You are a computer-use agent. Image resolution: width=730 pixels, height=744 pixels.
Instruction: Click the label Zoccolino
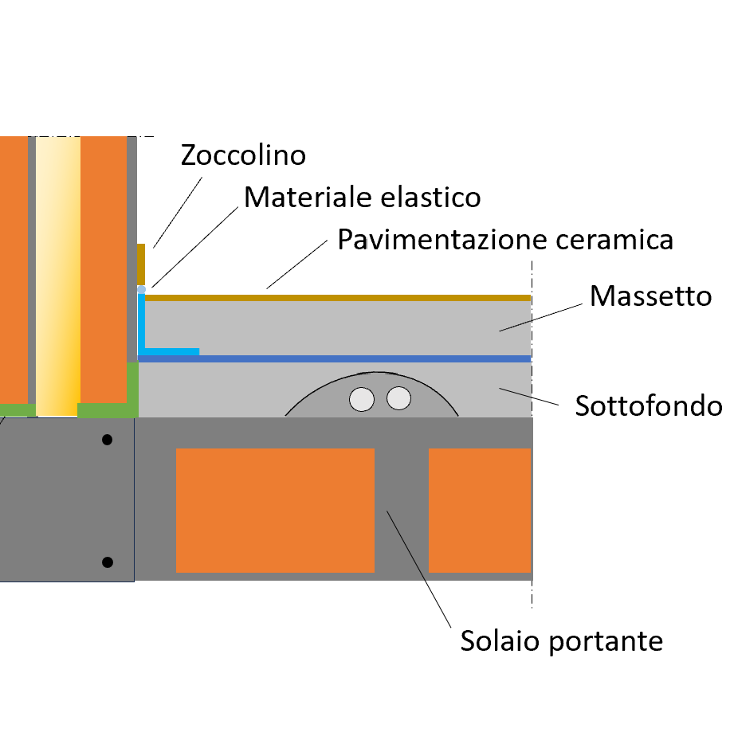[x=243, y=155]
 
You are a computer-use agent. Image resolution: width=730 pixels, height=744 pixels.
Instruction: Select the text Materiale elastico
[x=362, y=197]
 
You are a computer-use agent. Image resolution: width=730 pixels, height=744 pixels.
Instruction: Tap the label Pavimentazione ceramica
[x=505, y=239]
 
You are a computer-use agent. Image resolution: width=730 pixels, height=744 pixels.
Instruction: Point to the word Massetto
[x=650, y=296]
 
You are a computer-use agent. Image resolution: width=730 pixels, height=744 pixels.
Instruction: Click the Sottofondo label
[x=648, y=406]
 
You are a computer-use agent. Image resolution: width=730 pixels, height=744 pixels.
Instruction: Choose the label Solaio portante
[x=561, y=640]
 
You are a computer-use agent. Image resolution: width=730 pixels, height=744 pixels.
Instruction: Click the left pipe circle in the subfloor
[x=363, y=399]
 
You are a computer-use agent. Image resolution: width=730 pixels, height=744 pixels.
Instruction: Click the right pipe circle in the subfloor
[x=398, y=398]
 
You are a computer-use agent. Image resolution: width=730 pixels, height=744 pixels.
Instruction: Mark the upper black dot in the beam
[x=108, y=440]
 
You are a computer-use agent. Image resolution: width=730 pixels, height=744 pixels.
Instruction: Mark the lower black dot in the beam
[x=108, y=562]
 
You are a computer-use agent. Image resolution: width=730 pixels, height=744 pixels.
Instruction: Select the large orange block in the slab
[x=275, y=510]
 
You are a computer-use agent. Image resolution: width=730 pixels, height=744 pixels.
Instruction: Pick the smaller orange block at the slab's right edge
[x=480, y=510]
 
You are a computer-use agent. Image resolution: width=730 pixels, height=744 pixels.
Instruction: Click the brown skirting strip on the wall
[x=141, y=263]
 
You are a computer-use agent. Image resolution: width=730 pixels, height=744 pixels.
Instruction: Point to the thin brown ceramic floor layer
[x=335, y=297]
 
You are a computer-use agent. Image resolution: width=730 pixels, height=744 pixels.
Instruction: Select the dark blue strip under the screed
[x=335, y=358]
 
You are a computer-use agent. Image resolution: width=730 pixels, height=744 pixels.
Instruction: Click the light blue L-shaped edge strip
[x=143, y=327]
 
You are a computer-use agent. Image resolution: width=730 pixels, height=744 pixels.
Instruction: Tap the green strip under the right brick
[x=108, y=409]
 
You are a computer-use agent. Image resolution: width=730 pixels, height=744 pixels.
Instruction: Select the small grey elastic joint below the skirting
[x=141, y=288]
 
